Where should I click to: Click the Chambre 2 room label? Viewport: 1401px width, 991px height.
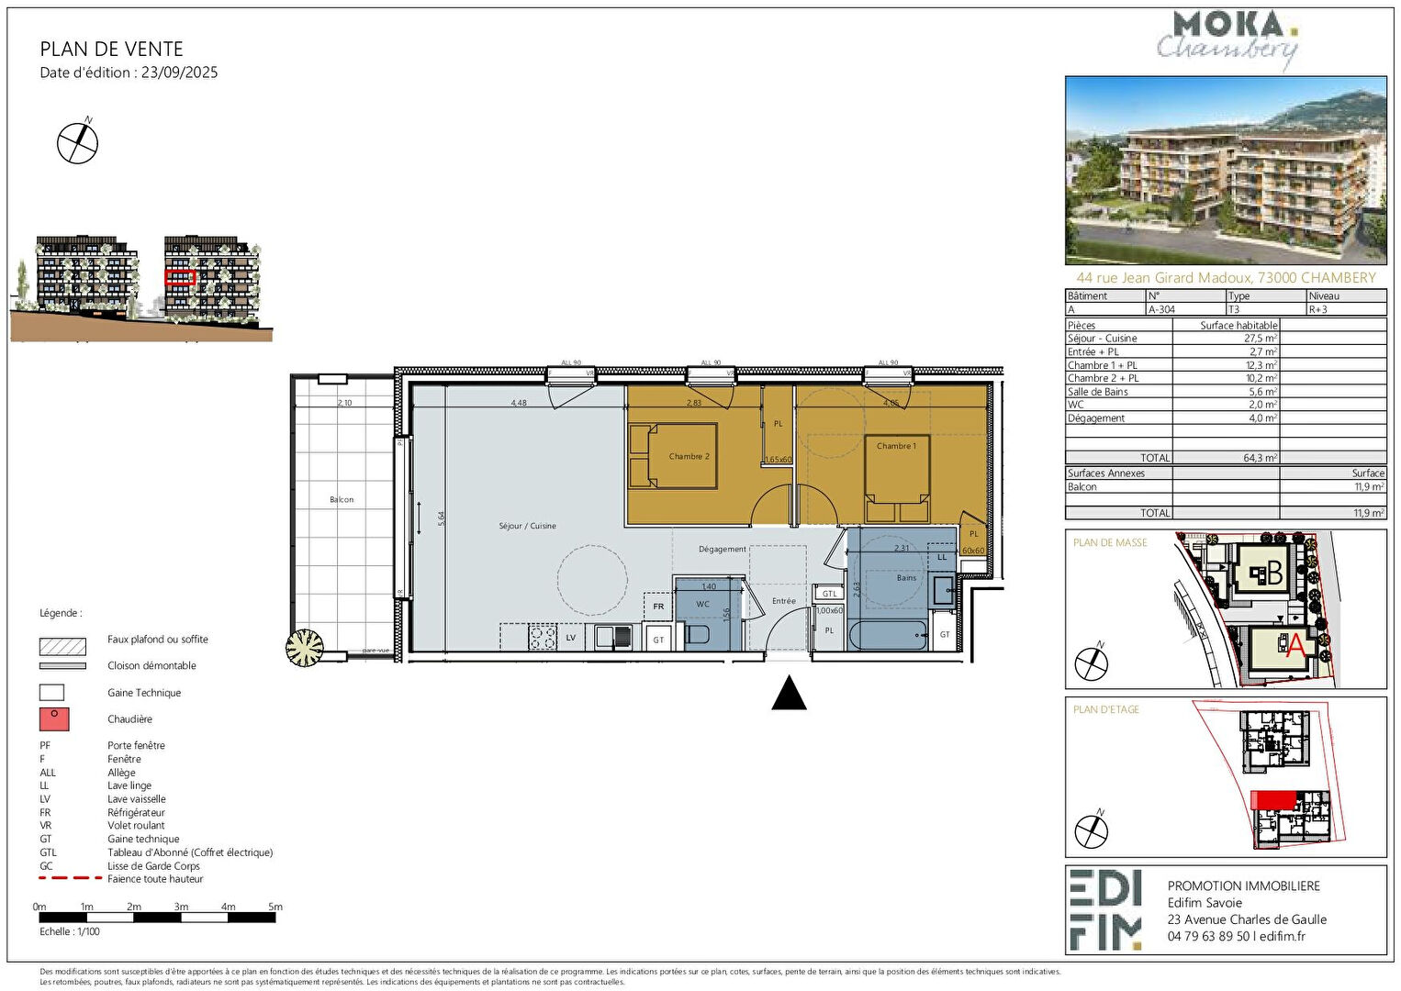(689, 456)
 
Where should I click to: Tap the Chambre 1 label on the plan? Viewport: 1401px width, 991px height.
(896, 446)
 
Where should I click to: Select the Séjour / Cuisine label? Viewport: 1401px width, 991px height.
(527, 526)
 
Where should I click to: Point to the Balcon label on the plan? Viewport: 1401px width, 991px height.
(342, 499)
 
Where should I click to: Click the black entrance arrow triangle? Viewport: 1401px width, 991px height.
(789, 694)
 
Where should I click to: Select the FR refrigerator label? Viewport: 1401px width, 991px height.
(658, 607)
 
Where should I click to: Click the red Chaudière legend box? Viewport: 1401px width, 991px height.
(53, 719)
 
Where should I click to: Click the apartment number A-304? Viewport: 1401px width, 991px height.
(1161, 310)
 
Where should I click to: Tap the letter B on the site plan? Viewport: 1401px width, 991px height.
(1273, 573)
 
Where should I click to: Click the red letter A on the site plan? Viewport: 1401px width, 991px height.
(1295, 647)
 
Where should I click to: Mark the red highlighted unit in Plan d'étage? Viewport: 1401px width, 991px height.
(1274, 800)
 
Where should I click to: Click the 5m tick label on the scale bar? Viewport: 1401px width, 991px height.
(275, 907)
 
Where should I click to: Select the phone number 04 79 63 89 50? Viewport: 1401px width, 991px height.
(1208, 937)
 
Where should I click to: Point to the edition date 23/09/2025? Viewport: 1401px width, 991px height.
(179, 72)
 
